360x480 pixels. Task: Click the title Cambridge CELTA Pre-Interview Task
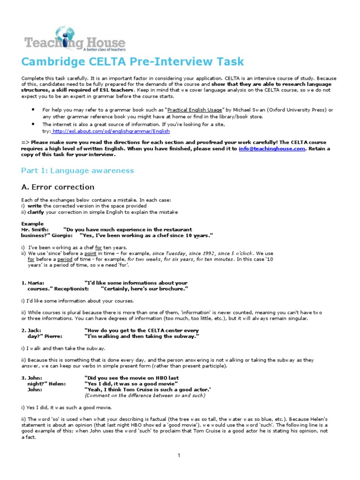(x=126, y=62)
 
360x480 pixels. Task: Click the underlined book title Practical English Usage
(x=199, y=110)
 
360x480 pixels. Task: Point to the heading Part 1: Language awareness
(x=77, y=170)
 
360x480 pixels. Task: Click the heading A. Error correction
(x=58, y=187)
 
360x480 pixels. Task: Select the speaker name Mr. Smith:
(x=35, y=230)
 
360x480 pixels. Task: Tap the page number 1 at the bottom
(x=179, y=455)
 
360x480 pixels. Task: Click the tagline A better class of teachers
(x=104, y=49)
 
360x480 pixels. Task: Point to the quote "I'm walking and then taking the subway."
(x=142, y=337)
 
